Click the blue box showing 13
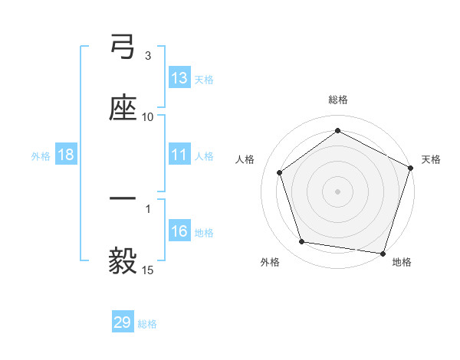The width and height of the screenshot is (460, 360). (x=179, y=78)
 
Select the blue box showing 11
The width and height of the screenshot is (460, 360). (x=179, y=155)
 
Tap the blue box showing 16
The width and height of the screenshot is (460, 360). (x=179, y=231)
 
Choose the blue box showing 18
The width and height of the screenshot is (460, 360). (x=66, y=155)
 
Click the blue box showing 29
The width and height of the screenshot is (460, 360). (x=123, y=322)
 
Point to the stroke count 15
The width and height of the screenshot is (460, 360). (x=148, y=270)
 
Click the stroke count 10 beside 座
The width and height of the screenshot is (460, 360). (x=148, y=116)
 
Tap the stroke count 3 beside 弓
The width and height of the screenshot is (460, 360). (x=148, y=56)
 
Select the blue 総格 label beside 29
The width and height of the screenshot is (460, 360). (x=147, y=324)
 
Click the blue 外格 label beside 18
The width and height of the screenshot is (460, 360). (x=41, y=155)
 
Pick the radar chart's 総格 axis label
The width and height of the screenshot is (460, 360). (x=338, y=100)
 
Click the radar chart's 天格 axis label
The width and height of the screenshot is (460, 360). (x=431, y=159)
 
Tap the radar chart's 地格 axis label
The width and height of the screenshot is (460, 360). (x=402, y=262)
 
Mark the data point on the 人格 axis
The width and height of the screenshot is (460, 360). (x=280, y=172)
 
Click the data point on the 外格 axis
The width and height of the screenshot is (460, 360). (x=302, y=242)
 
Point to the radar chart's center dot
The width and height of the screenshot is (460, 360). (x=338, y=191)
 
